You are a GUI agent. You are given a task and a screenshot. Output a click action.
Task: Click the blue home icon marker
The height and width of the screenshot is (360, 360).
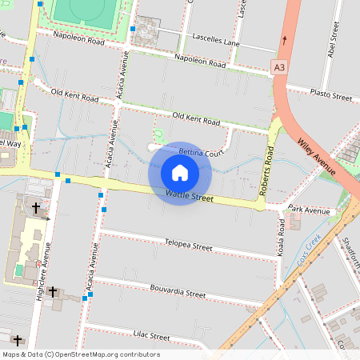(180, 173)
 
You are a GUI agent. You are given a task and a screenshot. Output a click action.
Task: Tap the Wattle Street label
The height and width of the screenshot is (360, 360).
(190, 195)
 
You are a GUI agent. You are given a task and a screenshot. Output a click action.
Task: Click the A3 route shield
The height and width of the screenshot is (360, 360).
(278, 68)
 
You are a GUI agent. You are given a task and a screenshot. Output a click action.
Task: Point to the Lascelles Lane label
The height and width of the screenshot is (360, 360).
(216, 39)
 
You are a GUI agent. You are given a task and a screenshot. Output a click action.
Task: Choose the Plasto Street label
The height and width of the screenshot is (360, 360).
(331, 96)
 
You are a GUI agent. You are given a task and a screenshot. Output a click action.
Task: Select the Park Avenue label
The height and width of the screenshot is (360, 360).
(309, 211)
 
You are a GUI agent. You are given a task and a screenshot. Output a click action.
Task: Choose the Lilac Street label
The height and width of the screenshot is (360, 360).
(131, 334)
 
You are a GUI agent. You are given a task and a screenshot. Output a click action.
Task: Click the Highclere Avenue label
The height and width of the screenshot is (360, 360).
(46, 268)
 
